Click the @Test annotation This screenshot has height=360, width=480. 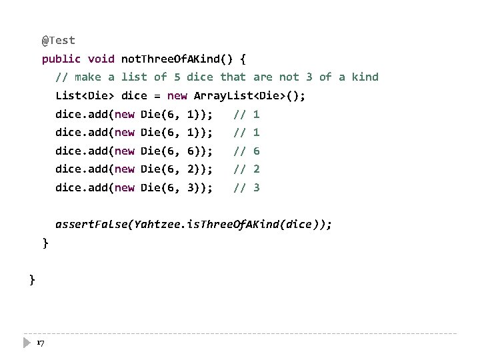pos(59,41)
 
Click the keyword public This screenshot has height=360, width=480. pos(61,59)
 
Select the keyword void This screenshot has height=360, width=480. pos(101,59)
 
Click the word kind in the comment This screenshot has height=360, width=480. pos(365,77)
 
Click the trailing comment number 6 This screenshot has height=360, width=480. pos(257,151)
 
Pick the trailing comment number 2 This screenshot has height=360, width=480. pos(257,169)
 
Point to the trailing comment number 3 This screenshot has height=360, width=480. pos(257,188)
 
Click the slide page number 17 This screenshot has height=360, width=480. pos(40,343)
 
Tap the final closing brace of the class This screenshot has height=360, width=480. pos(32,279)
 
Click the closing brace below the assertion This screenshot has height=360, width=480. pos(45,243)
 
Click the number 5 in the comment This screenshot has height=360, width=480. pos(177,77)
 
